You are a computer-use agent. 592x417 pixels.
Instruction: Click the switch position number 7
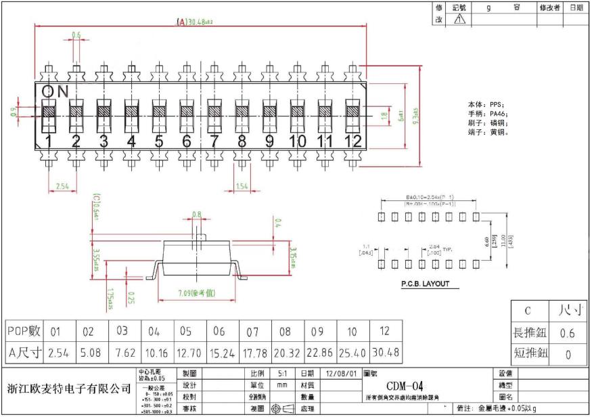[x=214, y=141]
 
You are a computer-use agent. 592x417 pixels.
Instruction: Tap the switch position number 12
[x=354, y=141]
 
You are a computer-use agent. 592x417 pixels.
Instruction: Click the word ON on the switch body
[x=54, y=91]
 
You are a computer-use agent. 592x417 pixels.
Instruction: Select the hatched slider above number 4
[x=131, y=111]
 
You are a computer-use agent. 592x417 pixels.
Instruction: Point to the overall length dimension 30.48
[x=195, y=22]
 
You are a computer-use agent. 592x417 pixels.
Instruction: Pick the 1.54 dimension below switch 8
[x=242, y=185]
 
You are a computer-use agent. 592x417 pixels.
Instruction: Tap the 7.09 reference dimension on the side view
[x=196, y=293]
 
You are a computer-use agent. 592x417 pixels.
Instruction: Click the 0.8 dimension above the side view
[x=197, y=214]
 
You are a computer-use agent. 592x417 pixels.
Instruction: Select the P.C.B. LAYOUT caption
[x=425, y=285]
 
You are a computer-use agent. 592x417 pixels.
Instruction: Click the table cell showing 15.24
[x=219, y=353]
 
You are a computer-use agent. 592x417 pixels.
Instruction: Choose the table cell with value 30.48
[x=384, y=353]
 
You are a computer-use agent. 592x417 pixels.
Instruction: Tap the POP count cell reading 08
[x=285, y=332]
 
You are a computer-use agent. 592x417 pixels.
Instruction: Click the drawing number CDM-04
[x=404, y=386]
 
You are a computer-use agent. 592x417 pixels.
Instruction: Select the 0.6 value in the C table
[x=567, y=333]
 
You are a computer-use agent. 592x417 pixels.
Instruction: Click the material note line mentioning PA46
[x=487, y=114]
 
